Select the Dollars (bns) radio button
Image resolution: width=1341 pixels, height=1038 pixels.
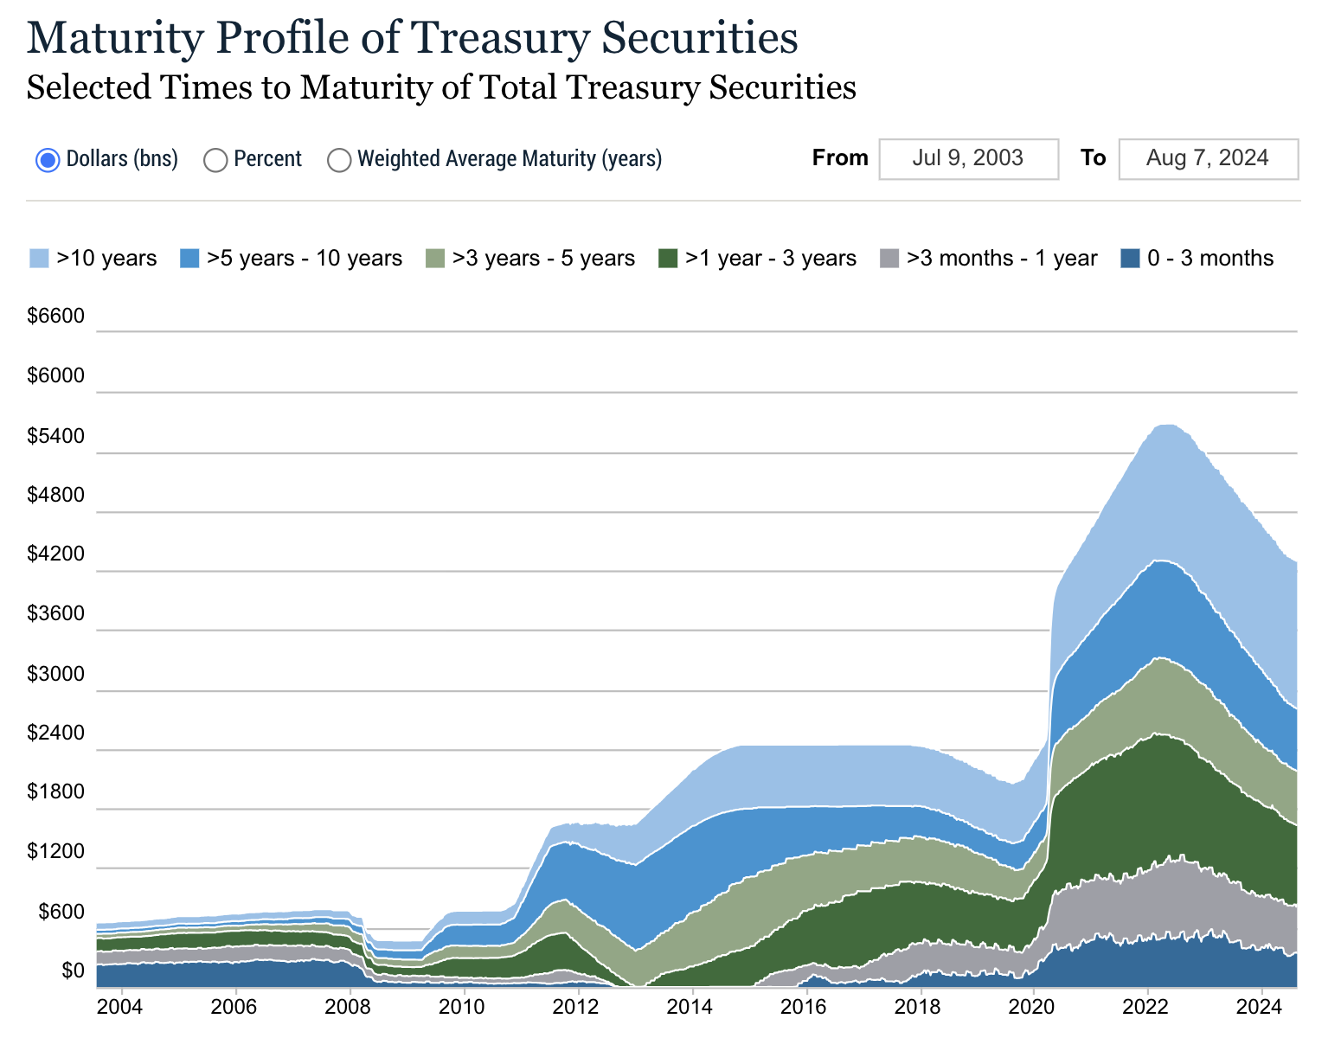click(x=48, y=160)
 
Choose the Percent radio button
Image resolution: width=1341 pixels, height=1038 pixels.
click(x=215, y=160)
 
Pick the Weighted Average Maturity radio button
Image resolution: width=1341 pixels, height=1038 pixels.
click(x=340, y=160)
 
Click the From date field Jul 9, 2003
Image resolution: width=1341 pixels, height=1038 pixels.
click(x=968, y=158)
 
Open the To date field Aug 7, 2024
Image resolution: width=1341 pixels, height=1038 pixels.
click(x=1208, y=158)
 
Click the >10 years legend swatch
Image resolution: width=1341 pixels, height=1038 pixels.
click(x=40, y=259)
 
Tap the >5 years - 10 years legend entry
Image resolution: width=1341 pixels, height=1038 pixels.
click(x=291, y=259)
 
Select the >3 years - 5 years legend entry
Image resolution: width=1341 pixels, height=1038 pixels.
click(x=530, y=259)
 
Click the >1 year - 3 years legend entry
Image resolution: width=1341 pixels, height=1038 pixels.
click(x=757, y=259)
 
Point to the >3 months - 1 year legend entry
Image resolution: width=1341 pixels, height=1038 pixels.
click(x=988, y=259)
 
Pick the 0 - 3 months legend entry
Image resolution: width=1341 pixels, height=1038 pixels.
click(x=1197, y=259)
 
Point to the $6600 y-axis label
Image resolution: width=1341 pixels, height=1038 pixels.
click(x=56, y=317)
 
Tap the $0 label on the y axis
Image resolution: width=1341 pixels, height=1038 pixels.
click(x=74, y=971)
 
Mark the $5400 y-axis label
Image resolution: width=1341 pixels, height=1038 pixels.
click(x=56, y=436)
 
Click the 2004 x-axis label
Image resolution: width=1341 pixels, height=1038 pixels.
click(x=121, y=1007)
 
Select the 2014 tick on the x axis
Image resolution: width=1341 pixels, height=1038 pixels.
click(x=690, y=1007)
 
